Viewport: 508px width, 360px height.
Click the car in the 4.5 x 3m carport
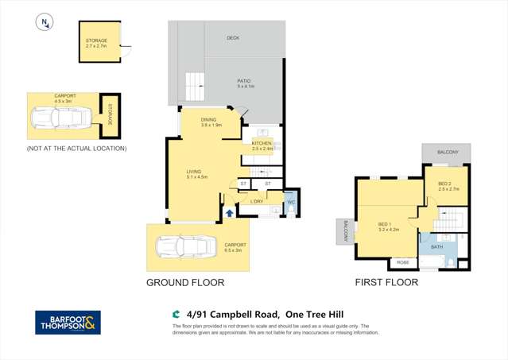click(61, 120)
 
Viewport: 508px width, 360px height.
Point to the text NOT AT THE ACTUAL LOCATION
click(76, 149)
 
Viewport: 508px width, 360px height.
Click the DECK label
click(232, 37)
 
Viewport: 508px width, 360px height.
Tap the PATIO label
click(245, 83)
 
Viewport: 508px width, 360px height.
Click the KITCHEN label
click(262, 145)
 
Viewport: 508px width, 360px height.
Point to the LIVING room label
click(196, 174)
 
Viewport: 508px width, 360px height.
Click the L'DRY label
click(257, 202)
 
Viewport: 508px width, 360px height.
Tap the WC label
click(290, 202)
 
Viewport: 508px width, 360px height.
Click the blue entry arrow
click(229, 212)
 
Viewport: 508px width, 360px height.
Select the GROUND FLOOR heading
click(185, 282)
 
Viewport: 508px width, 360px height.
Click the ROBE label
click(403, 261)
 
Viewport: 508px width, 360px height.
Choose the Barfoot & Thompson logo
click(68, 322)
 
